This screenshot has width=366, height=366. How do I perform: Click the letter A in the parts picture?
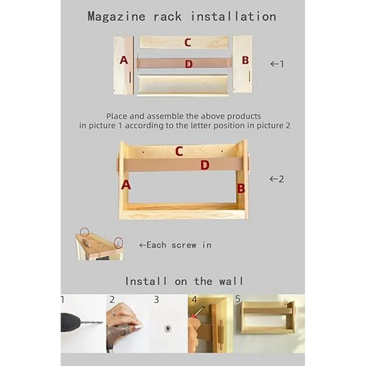click(x=124, y=60)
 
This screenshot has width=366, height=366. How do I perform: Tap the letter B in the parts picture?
click(x=245, y=60)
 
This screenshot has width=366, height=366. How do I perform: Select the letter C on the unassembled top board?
click(x=188, y=42)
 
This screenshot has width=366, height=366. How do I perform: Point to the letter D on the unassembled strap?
click(x=189, y=64)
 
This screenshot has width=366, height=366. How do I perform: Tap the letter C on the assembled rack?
click(x=179, y=151)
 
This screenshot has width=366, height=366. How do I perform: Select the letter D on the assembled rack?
click(x=205, y=165)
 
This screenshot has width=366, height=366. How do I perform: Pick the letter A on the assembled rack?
click(x=126, y=185)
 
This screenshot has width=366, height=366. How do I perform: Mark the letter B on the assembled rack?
click(x=241, y=188)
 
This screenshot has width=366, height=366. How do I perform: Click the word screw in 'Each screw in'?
click(x=184, y=245)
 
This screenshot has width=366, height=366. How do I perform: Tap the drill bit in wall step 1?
click(x=91, y=322)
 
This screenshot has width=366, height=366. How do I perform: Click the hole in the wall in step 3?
click(x=168, y=328)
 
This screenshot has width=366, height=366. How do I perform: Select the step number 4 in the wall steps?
click(x=194, y=300)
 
